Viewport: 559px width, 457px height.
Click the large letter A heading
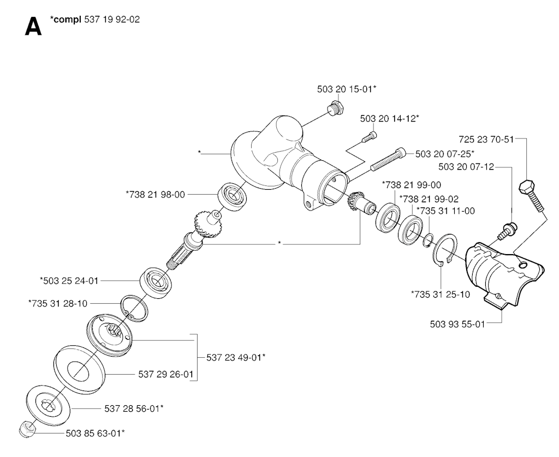click(33, 27)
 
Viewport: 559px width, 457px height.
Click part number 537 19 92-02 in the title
click(112, 19)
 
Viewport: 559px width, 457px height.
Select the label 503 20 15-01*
click(347, 89)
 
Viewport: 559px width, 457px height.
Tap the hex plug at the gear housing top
click(335, 107)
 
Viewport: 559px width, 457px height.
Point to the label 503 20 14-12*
click(389, 119)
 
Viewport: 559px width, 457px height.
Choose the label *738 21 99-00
click(412, 185)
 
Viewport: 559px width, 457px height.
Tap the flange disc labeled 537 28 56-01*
click(49, 406)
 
